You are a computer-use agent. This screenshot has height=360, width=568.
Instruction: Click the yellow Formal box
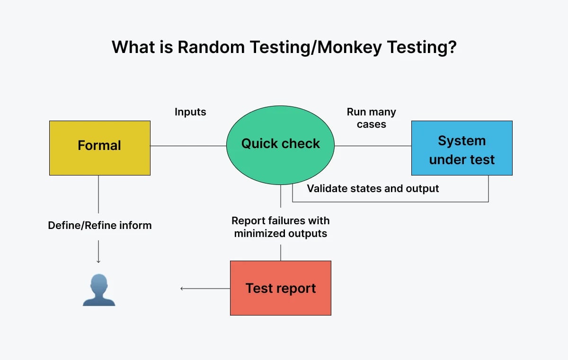99,148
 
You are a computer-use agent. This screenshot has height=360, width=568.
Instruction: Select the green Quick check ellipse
280,144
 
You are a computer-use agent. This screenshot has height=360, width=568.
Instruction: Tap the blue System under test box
461,148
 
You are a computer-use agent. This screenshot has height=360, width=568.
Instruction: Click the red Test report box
280,288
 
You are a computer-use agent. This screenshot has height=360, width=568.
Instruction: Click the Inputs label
190,112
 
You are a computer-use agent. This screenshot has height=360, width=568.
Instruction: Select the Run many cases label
371,118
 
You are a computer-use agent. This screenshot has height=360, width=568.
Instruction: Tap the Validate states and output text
373,189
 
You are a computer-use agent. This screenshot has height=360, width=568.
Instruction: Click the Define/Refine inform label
100,226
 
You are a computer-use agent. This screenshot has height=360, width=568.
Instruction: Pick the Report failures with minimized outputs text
280,227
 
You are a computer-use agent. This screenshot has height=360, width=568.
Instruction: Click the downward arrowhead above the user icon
98,261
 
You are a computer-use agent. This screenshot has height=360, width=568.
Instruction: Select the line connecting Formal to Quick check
188,146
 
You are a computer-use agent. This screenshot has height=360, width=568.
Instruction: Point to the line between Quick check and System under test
373,146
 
